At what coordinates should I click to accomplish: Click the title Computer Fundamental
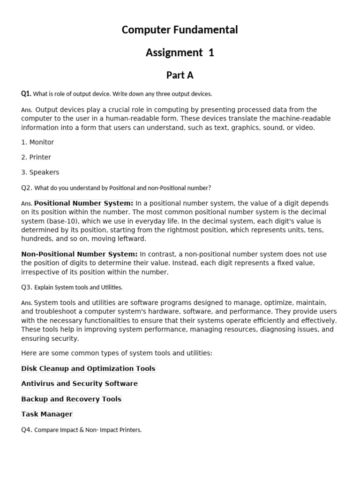pos(180,30)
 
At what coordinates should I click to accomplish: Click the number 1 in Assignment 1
pos(211,52)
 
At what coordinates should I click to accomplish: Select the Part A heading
pos(180,75)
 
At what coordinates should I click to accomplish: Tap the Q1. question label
pos(26,93)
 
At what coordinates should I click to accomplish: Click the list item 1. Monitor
pos(37,142)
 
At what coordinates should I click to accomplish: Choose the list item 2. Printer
pos(36,157)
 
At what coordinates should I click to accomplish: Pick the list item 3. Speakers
pos(40,172)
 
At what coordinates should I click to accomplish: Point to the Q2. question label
pos(26,187)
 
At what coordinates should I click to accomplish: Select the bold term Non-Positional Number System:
pos(79,254)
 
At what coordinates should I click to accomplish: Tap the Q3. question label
pos(26,287)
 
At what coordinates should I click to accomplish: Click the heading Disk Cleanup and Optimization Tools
pos(88,368)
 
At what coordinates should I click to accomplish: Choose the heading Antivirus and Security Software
pos(79,383)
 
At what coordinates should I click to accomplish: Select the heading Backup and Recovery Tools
pos(71,399)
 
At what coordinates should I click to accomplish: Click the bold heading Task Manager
pos(47,414)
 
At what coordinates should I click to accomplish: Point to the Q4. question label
pos(26,429)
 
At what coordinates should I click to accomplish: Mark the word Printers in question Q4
pos(129,430)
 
